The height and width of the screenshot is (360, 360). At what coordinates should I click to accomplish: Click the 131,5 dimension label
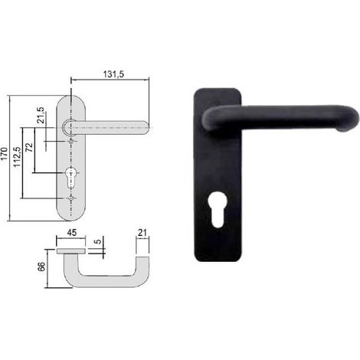click(x=113, y=74)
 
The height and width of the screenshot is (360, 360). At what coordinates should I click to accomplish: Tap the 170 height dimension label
click(x=5, y=154)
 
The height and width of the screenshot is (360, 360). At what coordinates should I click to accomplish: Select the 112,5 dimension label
click(x=18, y=157)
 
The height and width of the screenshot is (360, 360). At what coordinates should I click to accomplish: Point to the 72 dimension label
click(x=30, y=147)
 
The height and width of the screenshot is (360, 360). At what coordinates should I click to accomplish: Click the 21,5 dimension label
click(x=41, y=116)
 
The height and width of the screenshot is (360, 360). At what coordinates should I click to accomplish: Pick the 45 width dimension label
click(x=71, y=233)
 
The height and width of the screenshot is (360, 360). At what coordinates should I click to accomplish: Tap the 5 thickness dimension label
click(x=98, y=241)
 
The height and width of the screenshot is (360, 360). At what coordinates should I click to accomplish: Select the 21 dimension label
click(x=142, y=233)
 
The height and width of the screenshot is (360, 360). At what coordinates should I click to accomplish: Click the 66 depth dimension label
click(x=41, y=267)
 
